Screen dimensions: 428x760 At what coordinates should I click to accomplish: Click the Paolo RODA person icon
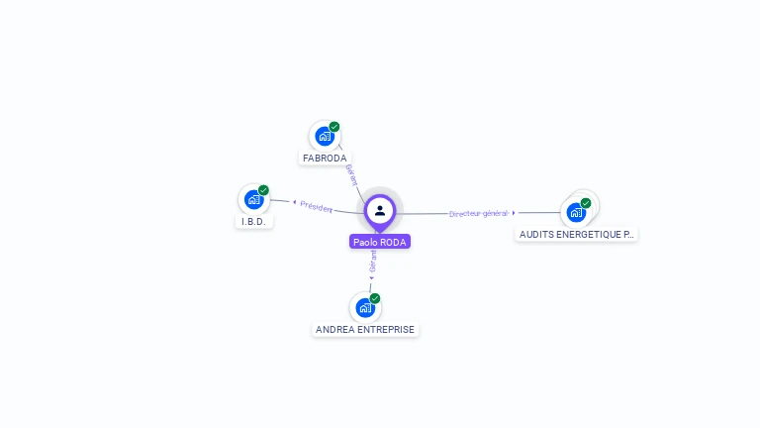[x=380, y=210]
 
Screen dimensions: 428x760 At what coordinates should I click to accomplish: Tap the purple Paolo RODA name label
[x=380, y=242]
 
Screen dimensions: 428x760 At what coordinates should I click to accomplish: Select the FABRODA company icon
[x=324, y=136]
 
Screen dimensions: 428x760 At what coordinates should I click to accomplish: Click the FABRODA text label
[x=325, y=159]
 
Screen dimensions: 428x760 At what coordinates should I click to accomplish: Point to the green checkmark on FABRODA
[x=334, y=127]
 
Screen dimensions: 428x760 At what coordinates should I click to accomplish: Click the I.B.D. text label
[x=254, y=221]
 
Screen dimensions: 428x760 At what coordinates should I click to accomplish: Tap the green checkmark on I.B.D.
[x=263, y=190]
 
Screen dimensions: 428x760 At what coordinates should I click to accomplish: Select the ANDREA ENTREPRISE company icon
[x=365, y=307]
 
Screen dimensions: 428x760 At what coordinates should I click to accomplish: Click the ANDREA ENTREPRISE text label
[x=365, y=329]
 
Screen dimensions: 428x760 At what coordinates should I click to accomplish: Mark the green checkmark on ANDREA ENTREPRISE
[x=375, y=298]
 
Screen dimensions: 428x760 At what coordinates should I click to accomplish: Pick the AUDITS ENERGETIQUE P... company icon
[x=576, y=212]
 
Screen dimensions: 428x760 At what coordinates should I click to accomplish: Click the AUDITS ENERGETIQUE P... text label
[x=577, y=235]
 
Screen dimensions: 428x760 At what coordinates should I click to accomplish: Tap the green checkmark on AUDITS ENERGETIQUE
[x=586, y=203]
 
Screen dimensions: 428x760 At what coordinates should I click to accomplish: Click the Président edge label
[x=317, y=206]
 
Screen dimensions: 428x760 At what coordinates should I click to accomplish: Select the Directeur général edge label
[x=478, y=213]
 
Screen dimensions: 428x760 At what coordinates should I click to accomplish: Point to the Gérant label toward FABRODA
[x=351, y=173]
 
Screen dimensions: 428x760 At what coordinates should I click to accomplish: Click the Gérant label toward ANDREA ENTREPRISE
[x=373, y=261]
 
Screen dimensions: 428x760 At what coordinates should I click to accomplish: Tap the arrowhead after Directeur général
[x=514, y=213]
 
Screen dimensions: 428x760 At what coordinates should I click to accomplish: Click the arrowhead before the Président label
[x=294, y=202]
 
